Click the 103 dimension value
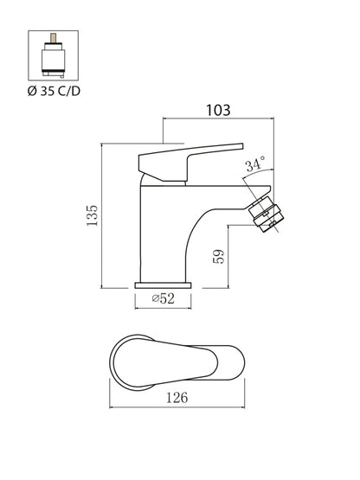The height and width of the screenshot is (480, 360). coord(218,110)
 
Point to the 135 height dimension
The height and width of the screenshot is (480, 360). coord(92,216)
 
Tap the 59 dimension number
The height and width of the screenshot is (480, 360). coord(219,257)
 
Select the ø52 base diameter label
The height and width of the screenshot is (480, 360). coord(164,298)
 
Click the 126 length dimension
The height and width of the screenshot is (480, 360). coord(177,398)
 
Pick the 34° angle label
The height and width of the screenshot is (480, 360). coord(255,164)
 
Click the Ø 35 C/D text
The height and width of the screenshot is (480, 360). coord(54,91)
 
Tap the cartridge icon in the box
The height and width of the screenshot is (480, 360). coord(54,55)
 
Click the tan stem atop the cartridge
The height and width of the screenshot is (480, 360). coord(54,38)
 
